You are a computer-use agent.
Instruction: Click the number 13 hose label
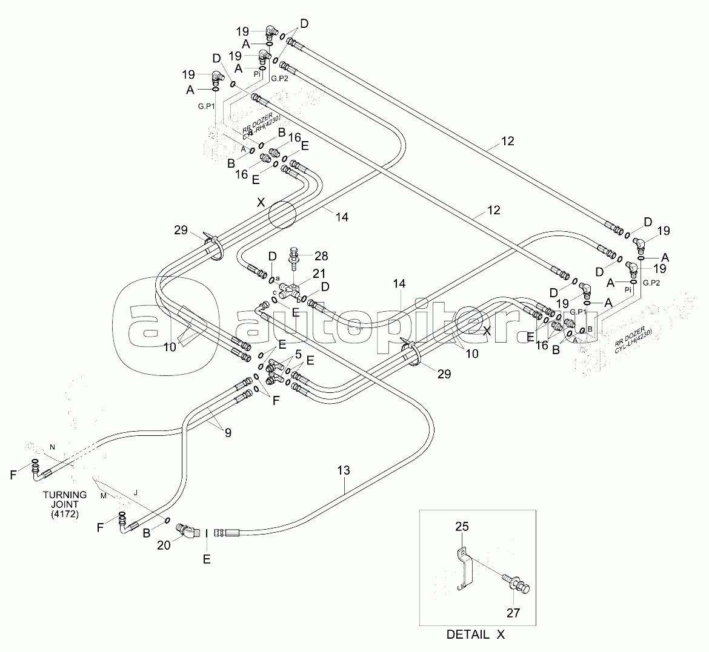pyautogui.click(x=344, y=470)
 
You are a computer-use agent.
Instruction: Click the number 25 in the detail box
pyautogui.click(x=462, y=528)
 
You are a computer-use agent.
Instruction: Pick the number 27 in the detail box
pyautogui.click(x=513, y=613)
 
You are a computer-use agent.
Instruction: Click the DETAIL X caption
pyautogui.click(x=475, y=634)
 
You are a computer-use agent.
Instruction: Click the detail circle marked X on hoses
pyautogui.click(x=282, y=214)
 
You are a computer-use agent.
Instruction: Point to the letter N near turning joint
pyautogui.click(x=52, y=447)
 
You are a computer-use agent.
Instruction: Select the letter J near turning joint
pyautogui.click(x=135, y=493)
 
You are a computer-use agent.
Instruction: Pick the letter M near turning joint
pyautogui.click(x=104, y=496)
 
